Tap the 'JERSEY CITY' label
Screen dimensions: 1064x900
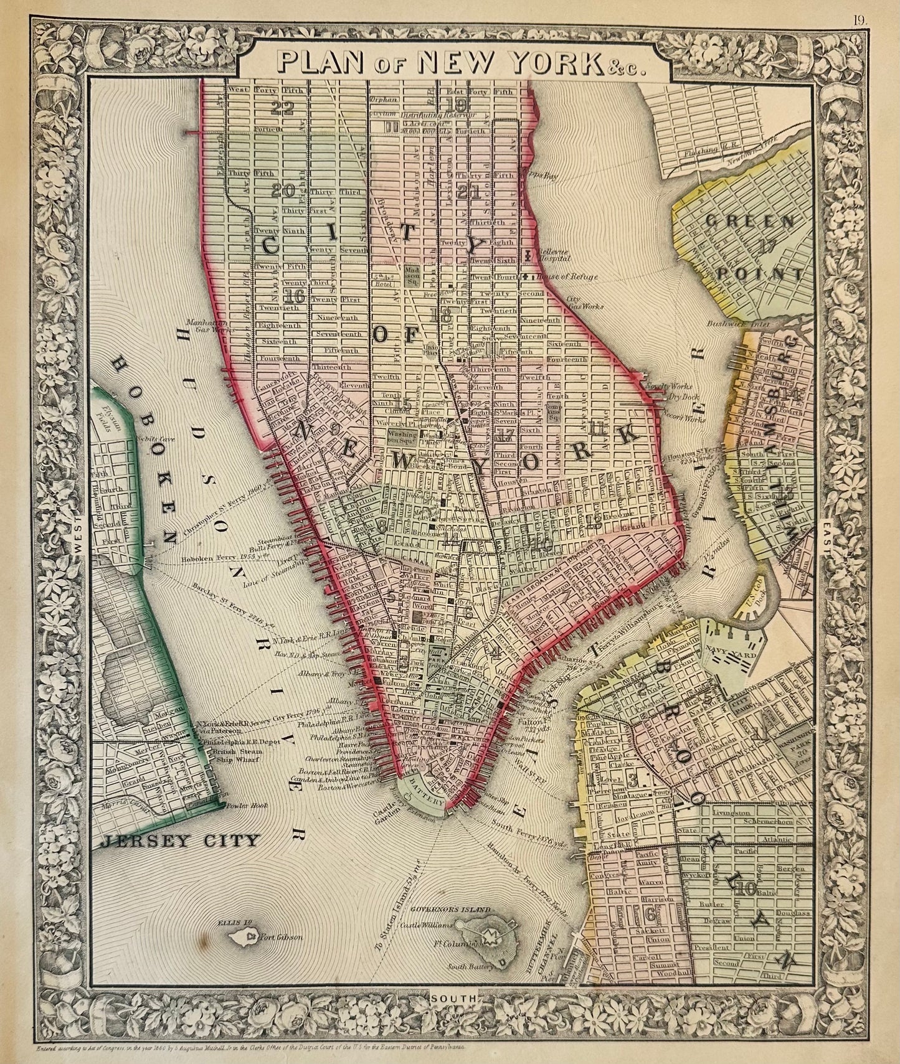pyautogui.click(x=179, y=841)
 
